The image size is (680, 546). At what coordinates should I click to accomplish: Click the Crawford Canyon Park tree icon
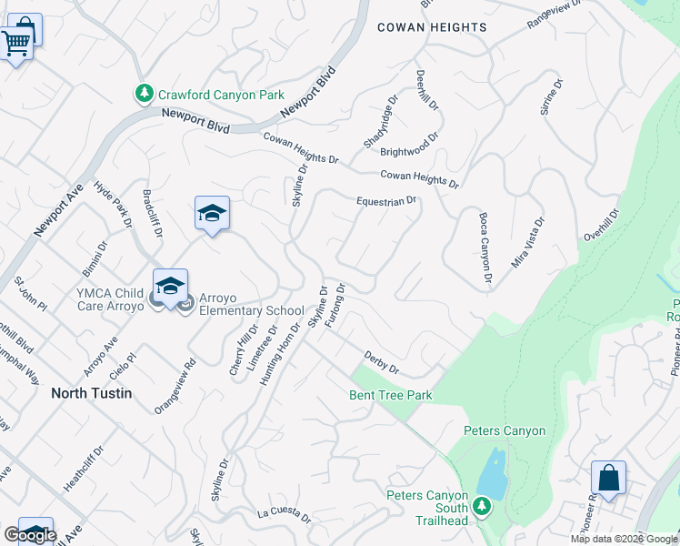point(144,94)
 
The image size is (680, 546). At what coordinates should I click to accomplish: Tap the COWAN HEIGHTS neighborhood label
point(432,27)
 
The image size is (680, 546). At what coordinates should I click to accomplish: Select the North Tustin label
point(91,393)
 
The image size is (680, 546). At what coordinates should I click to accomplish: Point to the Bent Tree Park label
point(391,395)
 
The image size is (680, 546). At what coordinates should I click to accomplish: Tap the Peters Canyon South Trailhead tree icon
point(482,506)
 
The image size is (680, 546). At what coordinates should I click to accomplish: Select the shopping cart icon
point(15,42)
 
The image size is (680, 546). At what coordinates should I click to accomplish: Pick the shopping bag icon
point(608,478)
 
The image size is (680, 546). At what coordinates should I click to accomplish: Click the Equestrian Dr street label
point(385,201)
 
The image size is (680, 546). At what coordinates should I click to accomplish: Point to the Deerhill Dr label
point(427,91)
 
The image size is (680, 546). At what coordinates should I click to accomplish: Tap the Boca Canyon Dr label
point(485,247)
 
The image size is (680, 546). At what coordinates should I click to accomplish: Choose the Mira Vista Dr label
point(528,242)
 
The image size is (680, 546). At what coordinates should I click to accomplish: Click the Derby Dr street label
point(382,362)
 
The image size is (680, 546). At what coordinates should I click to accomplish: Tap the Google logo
point(30,535)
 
